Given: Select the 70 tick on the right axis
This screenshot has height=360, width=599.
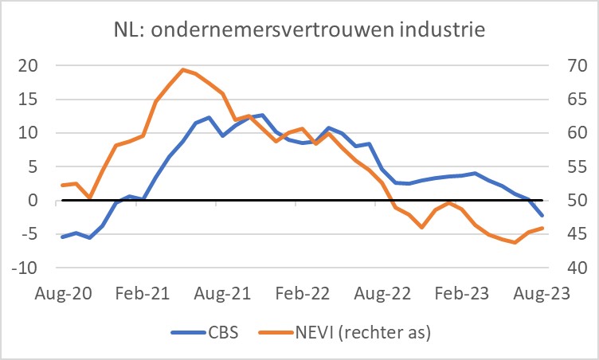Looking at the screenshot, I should (570, 65).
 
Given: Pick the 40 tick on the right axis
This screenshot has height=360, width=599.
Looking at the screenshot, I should (570, 268).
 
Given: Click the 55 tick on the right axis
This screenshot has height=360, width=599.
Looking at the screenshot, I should (570, 167).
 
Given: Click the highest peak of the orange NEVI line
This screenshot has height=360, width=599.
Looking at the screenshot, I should (182, 69).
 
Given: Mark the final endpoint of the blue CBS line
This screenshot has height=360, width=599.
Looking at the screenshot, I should (542, 216).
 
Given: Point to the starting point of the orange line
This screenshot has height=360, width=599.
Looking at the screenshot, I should (62, 185).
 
